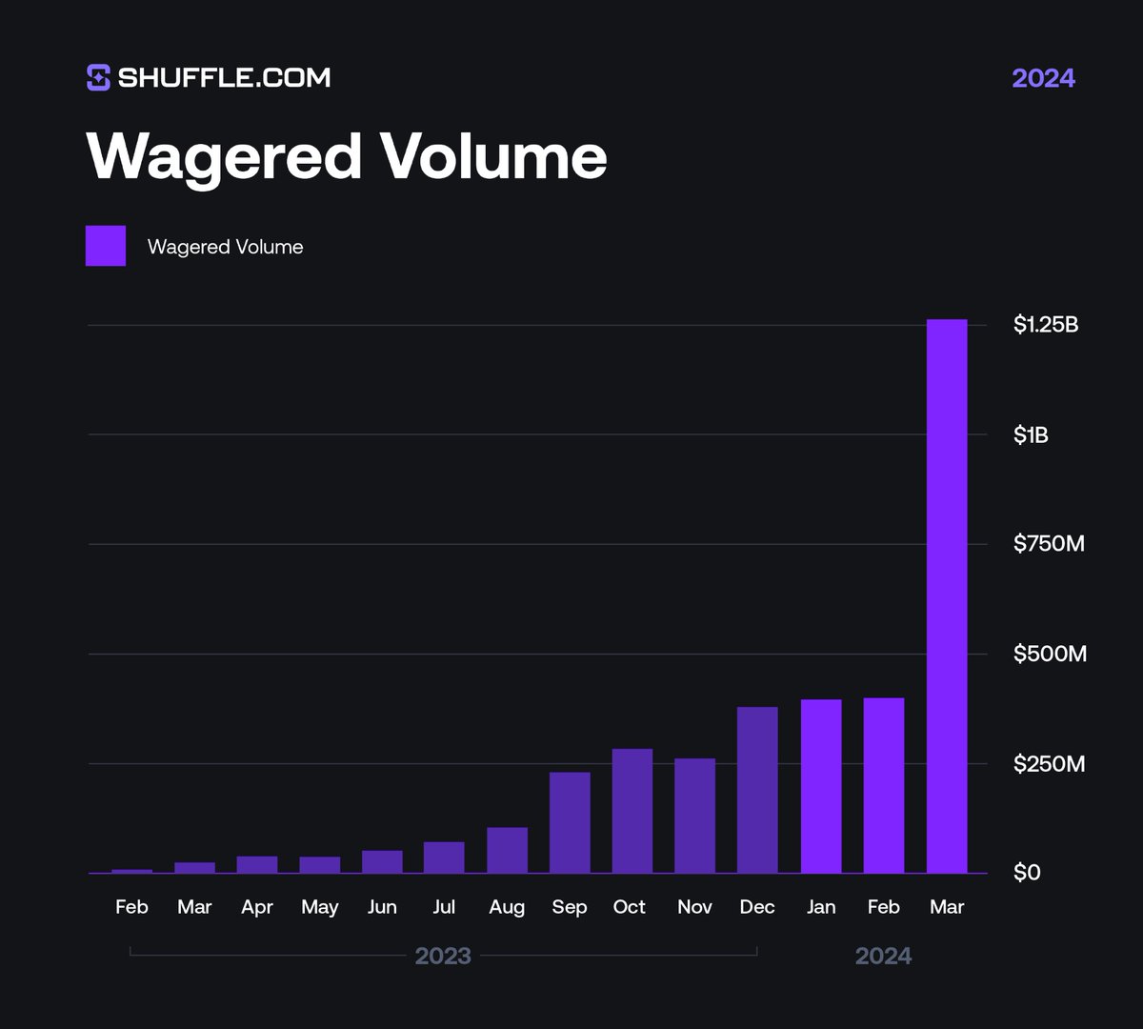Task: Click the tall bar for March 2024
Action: [947, 595]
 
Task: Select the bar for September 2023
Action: [570, 822]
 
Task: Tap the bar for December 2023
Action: [757, 790]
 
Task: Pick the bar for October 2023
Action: [632, 811]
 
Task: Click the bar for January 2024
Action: [821, 786]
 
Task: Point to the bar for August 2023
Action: [507, 850]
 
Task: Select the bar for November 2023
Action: [694, 816]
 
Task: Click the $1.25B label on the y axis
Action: [1046, 325]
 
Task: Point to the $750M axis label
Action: [1049, 544]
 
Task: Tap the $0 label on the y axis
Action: [1027, 873]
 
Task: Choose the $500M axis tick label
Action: [1049, 654]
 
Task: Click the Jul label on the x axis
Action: [444, 907]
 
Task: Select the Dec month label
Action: [757, 907]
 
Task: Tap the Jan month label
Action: [821, 907]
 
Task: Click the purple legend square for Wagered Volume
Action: [106, 246]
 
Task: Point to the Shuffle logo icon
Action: [98, 77]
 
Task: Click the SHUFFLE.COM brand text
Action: [224, 77]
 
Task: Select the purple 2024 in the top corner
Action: [1043, 77]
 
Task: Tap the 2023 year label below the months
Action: [443, 956]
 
